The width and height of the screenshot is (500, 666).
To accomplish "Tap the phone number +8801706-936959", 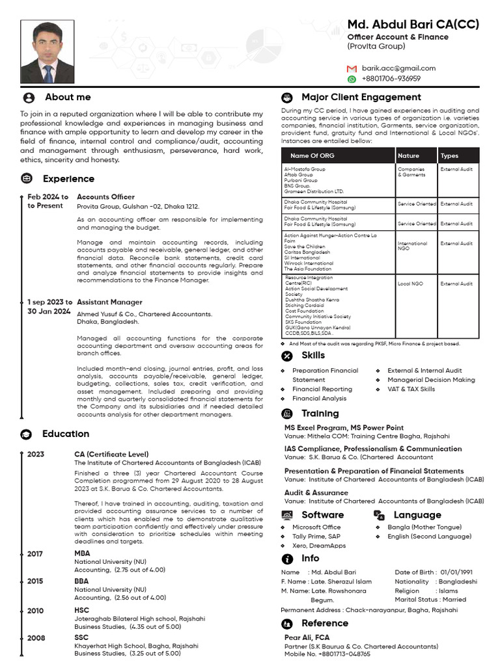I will coord(391,79).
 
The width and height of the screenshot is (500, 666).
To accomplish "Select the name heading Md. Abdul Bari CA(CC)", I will coord(413,25).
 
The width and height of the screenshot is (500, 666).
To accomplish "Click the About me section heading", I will coord(68,97).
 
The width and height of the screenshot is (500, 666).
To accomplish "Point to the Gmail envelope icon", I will coord(352,68).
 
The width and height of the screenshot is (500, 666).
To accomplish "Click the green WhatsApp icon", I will coord(352,79).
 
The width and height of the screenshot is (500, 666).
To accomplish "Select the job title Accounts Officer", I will coord(105,196).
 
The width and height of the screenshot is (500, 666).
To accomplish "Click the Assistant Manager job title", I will coord(109,302).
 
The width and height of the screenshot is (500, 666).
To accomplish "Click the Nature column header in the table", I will coord(408,155).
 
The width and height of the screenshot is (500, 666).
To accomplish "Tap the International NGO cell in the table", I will coord(413,246).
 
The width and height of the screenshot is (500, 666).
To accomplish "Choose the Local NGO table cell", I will coord(410,284).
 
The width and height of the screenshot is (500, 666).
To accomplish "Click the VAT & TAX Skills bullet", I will coord(411,389).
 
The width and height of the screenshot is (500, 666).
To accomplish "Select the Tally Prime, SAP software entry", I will coord(316,537).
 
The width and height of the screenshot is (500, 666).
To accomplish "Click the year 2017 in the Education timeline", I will coord(36,553).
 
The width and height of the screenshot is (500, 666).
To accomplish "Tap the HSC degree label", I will coord(82,611).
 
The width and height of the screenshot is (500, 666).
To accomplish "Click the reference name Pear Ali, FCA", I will coord(307,638).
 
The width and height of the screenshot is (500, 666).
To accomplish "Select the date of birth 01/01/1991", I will coord(456,572).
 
